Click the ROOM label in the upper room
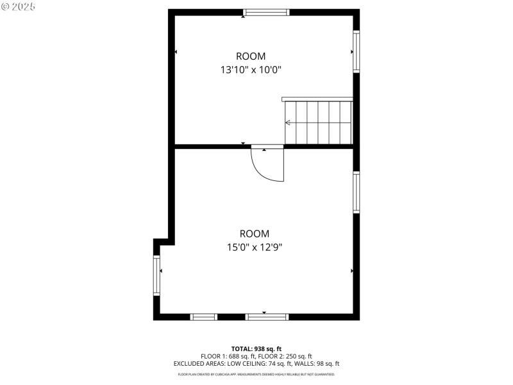coord(251,56)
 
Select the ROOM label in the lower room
coord(255,234)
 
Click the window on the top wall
coord(266,12)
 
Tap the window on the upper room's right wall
coord(356,51)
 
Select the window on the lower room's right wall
coord(356,191)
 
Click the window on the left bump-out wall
coord(156,275)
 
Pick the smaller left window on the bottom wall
coord(204,316)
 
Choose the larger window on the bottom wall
coord(267,316)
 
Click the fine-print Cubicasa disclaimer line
coord(256,374)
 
